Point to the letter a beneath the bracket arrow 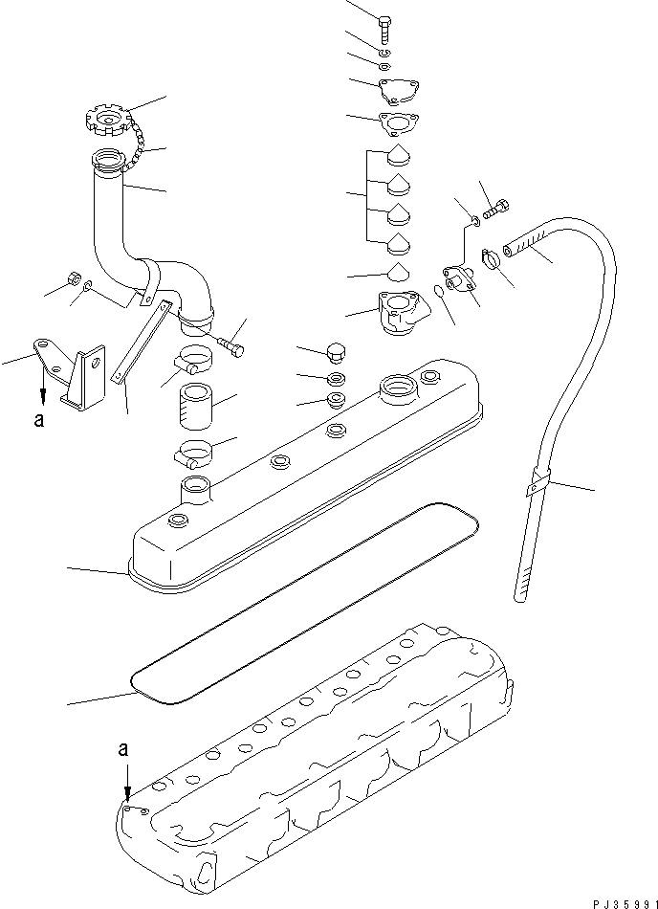[x=39, y=419]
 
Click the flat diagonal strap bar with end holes [x=140, y=341]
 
